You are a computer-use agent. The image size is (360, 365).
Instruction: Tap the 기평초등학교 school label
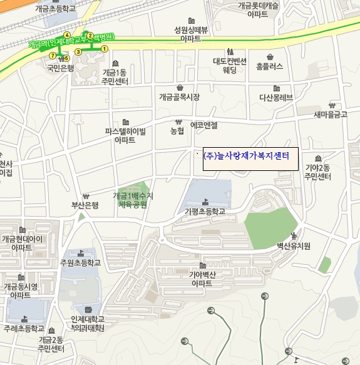point(204,212)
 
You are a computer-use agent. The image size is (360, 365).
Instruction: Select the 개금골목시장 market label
point(179,97)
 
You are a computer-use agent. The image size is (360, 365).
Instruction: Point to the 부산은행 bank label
point(85,205)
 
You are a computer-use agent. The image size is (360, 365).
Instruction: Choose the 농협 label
point(177,131)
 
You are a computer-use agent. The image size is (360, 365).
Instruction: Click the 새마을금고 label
point(331,115)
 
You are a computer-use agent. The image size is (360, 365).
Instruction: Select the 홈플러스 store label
point(269,65)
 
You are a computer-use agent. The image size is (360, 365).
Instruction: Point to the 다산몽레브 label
point(276,97)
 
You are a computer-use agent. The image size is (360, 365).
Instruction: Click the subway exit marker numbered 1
point(105,48)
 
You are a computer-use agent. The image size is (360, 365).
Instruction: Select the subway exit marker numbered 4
point(67,34)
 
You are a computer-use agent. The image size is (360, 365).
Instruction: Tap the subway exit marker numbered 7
point(52,56)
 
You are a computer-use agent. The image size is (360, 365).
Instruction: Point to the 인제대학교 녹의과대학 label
point(87,323)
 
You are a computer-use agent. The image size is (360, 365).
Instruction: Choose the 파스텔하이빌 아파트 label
point(125,136)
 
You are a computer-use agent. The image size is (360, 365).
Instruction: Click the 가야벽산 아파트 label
point(202,279)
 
